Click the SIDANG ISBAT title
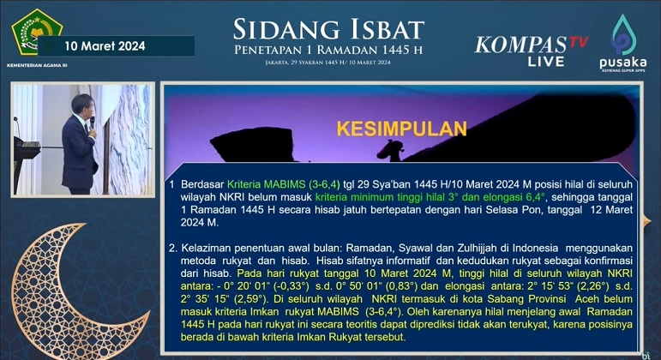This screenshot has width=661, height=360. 328,28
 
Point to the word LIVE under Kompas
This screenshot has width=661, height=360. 546,62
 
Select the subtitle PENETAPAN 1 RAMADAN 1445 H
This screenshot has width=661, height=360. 329,51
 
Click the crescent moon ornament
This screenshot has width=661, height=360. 64,291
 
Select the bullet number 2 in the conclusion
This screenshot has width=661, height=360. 171,246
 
